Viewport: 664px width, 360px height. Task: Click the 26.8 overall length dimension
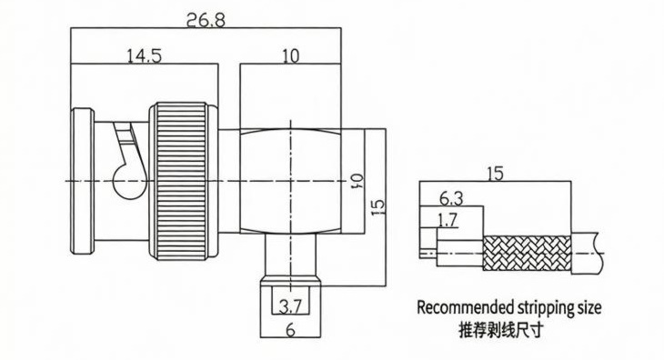(206, 20)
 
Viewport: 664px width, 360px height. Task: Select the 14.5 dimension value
(145, 55)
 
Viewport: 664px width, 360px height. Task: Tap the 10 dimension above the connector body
(290, 55)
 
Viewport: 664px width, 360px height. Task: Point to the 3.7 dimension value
(290, 306)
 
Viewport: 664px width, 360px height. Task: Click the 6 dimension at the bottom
(290, 330)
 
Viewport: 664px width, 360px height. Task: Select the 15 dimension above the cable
(495, 174)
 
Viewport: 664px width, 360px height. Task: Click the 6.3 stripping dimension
(451, 198)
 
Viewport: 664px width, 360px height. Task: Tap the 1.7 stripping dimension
(448, 220)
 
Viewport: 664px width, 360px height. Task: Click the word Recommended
(466, 307)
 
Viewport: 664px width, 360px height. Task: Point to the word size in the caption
(589, 307)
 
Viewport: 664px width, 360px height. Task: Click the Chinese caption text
(500, 329)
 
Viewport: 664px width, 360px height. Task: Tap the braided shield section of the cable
(528, 253)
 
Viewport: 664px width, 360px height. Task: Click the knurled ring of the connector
(183, 181)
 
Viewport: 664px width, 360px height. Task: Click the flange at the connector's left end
(83, 181)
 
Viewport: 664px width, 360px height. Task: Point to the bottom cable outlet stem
(290, 255)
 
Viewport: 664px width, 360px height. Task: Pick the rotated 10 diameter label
(356, 180)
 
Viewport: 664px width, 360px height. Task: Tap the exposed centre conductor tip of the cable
(428, 254)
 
